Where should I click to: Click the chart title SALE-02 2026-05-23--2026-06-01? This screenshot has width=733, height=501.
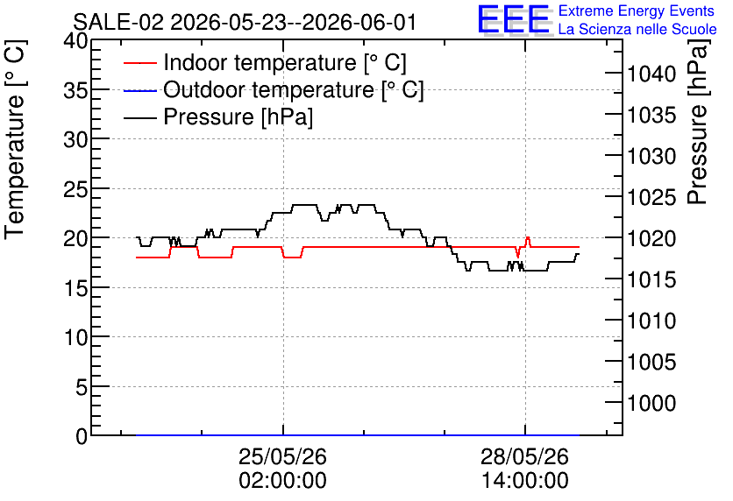click(x=245, y=22)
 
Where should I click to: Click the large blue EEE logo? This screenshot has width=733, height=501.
click(x=514, y=19)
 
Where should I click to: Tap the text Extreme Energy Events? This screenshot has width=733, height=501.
click(x=637, y=11)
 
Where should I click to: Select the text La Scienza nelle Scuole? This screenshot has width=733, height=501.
click(x=637, y=29)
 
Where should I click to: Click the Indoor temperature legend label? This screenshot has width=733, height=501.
click(x=285, y=62)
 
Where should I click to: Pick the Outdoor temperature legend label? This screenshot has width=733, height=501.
click(x=294, y=89)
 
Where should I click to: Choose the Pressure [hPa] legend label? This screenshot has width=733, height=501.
click(x=238, y=116)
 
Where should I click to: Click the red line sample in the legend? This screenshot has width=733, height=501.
click(x=139, y=62)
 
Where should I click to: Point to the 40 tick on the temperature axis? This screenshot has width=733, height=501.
click(x=75, y=41)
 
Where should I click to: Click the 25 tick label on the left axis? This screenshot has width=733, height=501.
click(x=75, y=189)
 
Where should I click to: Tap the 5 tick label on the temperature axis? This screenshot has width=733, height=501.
click(x=82, y=386)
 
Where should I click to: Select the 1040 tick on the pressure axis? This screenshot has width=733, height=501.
click(x=651, y=74)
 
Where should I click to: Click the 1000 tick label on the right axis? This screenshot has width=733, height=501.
click(x=651, y=403)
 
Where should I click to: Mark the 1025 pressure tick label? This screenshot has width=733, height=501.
click(x=651, y=197)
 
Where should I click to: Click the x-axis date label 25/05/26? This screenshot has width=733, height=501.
click(x=283, y=456)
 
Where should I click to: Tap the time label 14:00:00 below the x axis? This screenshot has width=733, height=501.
click(x=525, y=481)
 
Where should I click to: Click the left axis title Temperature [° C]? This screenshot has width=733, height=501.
click(x=15, y=140)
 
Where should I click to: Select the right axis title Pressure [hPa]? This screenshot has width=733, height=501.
click(x=698, y=122)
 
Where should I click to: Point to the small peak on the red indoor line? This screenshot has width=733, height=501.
click(x=528, y=237)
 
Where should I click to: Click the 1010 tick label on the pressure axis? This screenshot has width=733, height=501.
click(x=651, y=321)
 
